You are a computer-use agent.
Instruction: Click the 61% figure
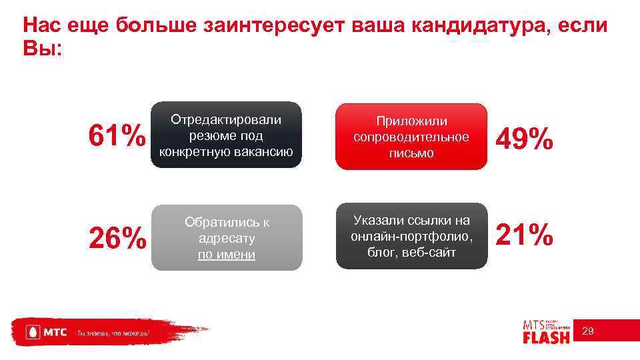(117, 137)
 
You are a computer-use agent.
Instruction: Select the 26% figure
(117, 237)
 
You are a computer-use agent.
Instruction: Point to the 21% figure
(524, 235)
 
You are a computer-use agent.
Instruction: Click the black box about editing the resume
(226, 135)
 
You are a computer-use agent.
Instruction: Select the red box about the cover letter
(411, 137)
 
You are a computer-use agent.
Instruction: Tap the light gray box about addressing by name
(226, 237)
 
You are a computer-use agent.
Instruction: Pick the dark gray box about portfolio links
(411, 236)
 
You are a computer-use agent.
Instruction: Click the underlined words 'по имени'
(226, 255)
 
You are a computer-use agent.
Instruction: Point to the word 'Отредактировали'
(226, 119)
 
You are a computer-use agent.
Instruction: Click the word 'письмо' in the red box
(411, 153)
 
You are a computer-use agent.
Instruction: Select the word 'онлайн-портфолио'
(411, 236)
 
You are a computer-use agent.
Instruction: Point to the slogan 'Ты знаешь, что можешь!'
(113, 332)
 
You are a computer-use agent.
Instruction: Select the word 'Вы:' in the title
(42, 49)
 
